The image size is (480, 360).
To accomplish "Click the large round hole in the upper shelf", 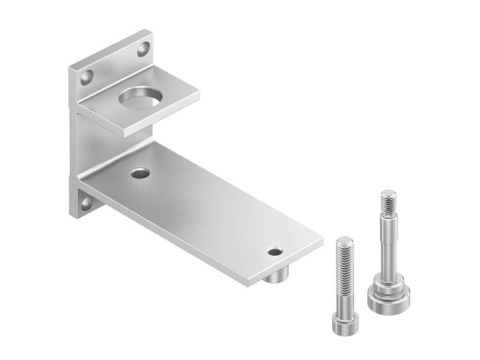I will (x=142, y=98).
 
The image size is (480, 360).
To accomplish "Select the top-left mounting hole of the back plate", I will (x=87, y=77).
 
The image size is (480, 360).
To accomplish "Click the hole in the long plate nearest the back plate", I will (x=140, y=173).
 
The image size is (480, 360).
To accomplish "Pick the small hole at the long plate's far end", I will (x=275, y=251).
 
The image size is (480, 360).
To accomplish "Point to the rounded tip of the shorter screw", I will (x=344, y=241).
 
